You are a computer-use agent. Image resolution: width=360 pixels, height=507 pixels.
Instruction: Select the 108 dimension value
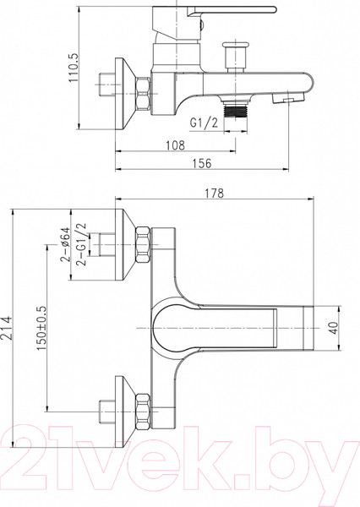coord(175,144)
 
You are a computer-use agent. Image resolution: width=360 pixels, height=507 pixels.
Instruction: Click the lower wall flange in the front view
coord(125,407)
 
